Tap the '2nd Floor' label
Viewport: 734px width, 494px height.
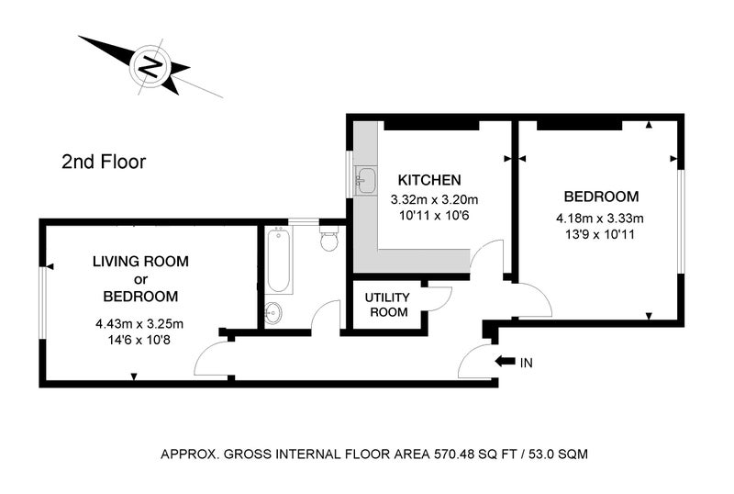click(104, 162)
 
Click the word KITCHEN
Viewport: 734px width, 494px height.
click(429, 179)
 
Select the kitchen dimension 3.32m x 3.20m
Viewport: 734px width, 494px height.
click(434, 200)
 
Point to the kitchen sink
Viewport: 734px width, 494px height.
click(366, 181)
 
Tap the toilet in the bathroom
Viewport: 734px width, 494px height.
click(329, 238)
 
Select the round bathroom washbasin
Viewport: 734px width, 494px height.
click(272, 313)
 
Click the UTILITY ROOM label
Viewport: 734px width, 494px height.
click(387, 305)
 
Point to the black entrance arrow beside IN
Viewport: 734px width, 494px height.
click(506, 362)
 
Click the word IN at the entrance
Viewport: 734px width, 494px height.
click(526, 363)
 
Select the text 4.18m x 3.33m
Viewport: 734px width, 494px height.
click(600, 219)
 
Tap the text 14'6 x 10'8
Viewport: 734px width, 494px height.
click(139, 341)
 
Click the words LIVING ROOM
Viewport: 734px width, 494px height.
click(140, 261)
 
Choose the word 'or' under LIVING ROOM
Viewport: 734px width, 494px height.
click(140, 280)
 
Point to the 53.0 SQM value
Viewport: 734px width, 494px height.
click(559, 455)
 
